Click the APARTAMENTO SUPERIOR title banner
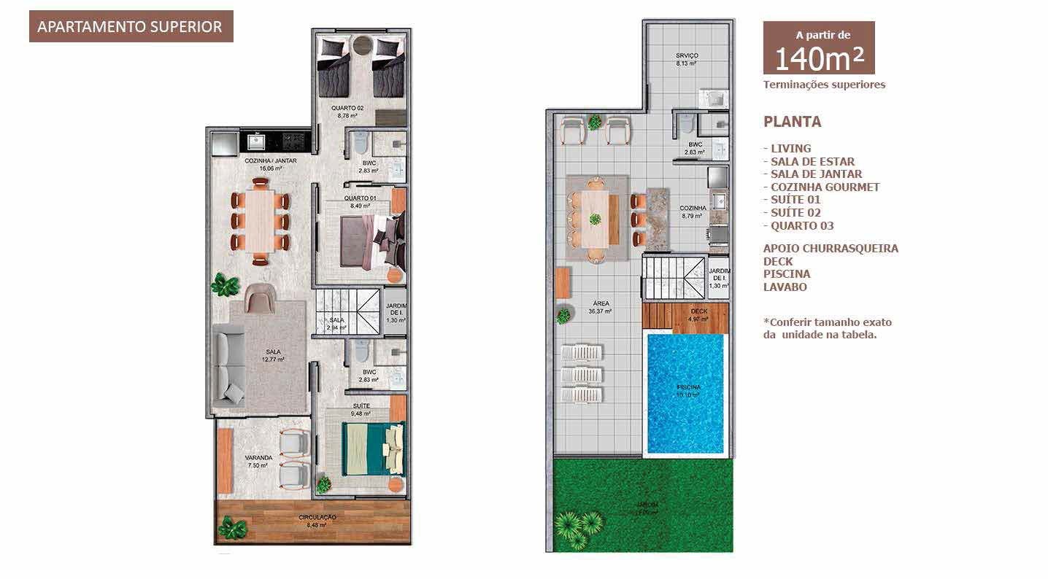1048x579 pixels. pos(131,27)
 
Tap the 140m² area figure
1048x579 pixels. pos(818,59)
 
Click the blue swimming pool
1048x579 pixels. pos(687,394)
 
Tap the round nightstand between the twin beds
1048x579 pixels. pos(362,47)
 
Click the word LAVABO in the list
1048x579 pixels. pos(785,287)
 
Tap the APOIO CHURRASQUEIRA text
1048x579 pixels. pos(831,248)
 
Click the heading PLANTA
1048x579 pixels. pos(792,122)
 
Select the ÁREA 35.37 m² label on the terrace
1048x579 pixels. pos(601,307)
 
